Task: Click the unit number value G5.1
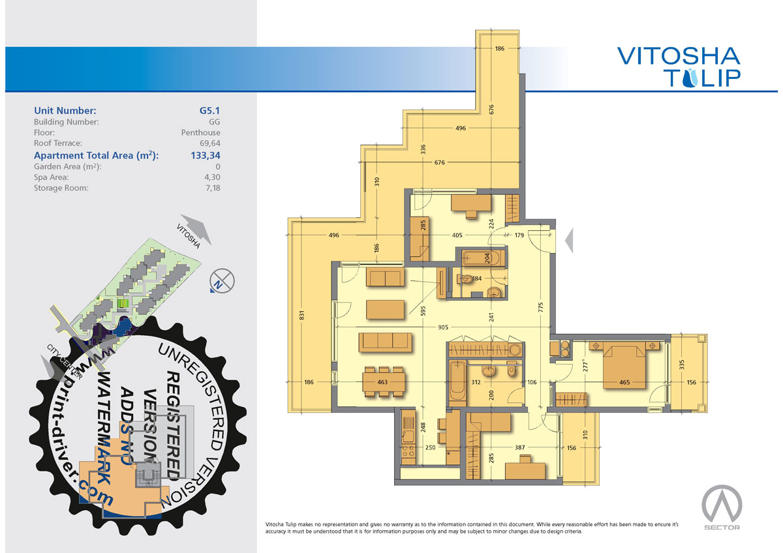click(x=209, y=110)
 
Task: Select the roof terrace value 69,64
click(x=210, y=143)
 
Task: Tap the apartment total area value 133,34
click(x=206, y=155)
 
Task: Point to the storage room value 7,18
click(x=213, y=188)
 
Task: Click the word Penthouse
click(x=201, y=132)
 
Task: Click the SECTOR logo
click(x=722, y=507)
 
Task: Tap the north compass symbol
click(x=222, y=281)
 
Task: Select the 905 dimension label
click(x=443, y=327)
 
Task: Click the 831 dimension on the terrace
click(x=302, y=315)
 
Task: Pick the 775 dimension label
click(x=541, y=307)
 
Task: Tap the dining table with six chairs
click(x=384, y=382)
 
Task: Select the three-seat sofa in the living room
click(x=385, y=342)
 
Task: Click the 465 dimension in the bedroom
click(x=624, y=382)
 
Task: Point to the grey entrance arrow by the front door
click(x=570, y=240)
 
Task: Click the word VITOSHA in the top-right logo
click(x=679, y=56)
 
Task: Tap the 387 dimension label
click(x=520, y=447)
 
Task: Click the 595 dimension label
click(x=423, y=312)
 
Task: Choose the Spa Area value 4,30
click(x=213, y=177)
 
